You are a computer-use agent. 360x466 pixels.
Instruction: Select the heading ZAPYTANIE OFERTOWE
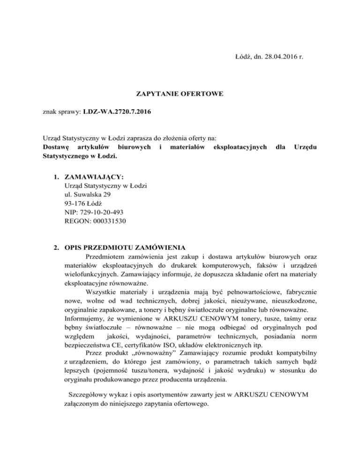tap(180, 94)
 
